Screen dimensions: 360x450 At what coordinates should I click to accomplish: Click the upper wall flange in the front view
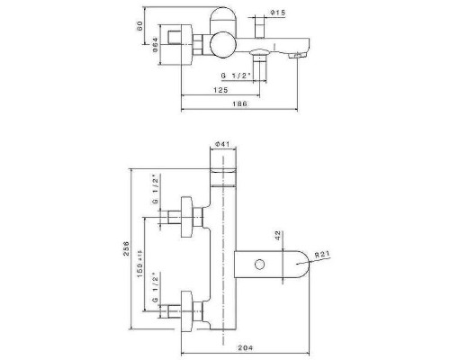tap(190, 217)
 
